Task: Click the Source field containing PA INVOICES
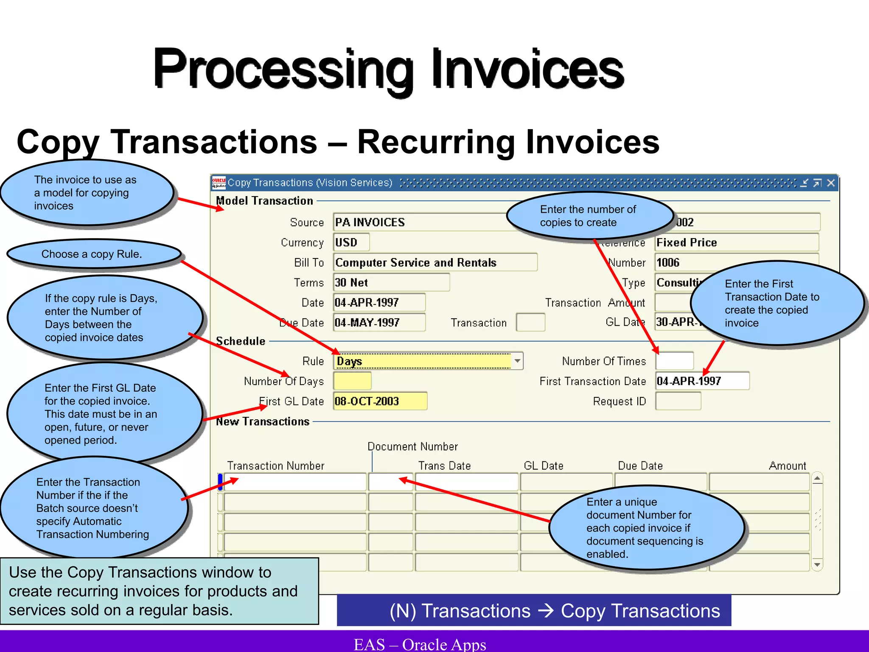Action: (420, 222)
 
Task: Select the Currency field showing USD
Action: (351, 242)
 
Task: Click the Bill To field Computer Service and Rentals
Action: (435, 263)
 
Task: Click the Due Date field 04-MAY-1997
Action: (379, 323)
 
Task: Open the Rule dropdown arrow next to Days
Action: (517, 361)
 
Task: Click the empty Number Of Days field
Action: (352, 381)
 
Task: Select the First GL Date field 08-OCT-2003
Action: (380, 401)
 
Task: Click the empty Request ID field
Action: (678, 401)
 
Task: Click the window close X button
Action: (831, 183)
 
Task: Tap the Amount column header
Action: (787, 466)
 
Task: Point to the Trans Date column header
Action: (444, 466)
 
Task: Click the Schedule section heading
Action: (241, 341)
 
